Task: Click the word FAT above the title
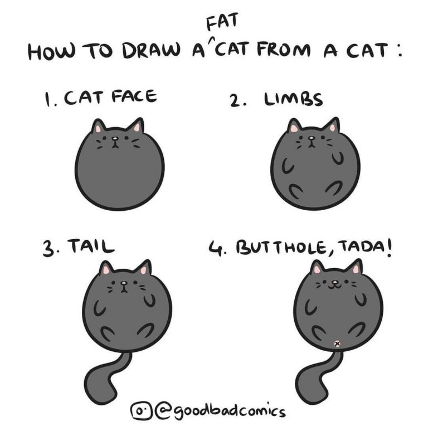click(x=221, y=21)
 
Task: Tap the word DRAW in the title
click(x=152, y=50)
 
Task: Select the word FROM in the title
click(x=284, y=50)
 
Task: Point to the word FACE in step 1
click(x=134, y=97)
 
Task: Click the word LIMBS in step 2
click(x=293, y=99)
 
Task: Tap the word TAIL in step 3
click(x=91, y=246)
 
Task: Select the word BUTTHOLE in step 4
click(x=281, y=248)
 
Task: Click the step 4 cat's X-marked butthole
click(x=337, y=343)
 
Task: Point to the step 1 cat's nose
click(x=116, y=138)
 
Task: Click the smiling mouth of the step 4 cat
click(x=334, y=287)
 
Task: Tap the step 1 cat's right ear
click(x=136, y=127)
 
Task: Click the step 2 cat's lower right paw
click(x=333, y=187)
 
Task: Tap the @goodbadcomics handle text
click(x=220, y=411)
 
